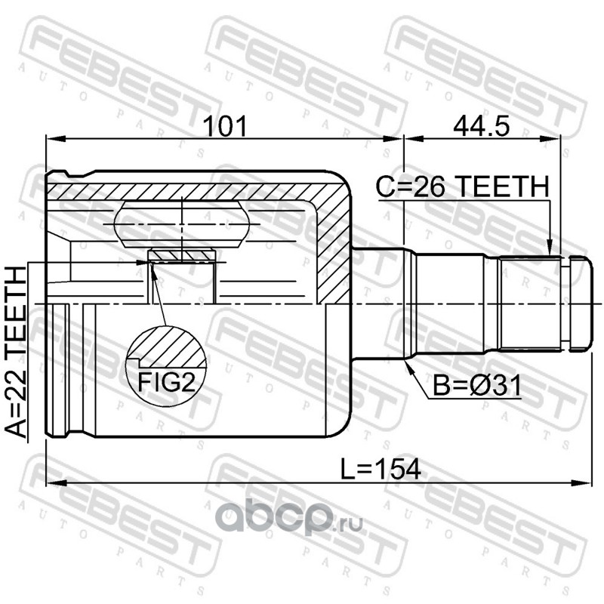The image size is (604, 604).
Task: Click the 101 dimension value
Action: tap(225, 126)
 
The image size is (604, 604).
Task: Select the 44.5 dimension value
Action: tap(482, 126)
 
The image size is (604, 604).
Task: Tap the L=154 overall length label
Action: tap(381, 469)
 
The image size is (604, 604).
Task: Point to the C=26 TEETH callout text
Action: tap(462, 186)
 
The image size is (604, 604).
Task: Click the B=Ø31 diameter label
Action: tap(477, 386)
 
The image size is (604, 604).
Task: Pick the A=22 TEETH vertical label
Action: tap(16, 353)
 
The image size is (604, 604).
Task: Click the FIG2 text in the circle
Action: tap(167, 383)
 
